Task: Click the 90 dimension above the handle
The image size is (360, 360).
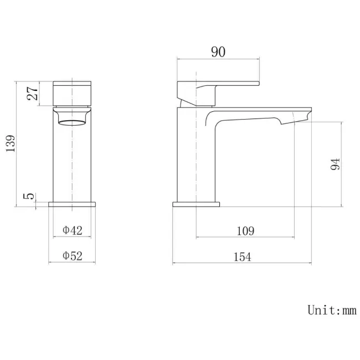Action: point(218,52)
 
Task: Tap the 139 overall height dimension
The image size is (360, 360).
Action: point(11,143)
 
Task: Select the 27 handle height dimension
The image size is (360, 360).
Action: point(32,94)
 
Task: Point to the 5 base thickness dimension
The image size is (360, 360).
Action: point(29,196)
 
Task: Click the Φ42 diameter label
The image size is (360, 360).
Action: point(73,230)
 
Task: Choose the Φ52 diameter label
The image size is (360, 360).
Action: point(73,256)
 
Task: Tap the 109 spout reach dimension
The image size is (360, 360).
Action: point(245,231)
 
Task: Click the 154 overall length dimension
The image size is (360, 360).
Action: point(242,257)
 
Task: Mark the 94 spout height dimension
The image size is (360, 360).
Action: point(335,164)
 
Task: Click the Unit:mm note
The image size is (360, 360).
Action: point(332,310)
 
